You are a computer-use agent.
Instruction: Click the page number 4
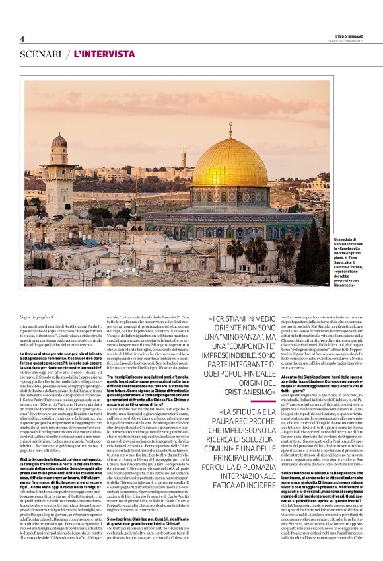[x=22, y=39]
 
